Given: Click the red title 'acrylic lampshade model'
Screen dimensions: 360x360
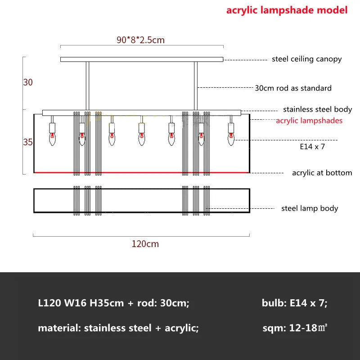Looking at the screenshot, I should click(287, 10).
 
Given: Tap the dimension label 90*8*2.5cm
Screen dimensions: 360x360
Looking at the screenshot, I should click(140, 40).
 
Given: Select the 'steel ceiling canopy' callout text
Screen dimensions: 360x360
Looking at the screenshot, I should click(306, 59).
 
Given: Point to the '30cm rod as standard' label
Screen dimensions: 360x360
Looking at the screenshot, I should click(293, 88).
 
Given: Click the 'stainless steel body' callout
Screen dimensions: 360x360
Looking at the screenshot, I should click(317, 109).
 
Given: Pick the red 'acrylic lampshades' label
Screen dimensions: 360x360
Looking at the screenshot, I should click(309, 121).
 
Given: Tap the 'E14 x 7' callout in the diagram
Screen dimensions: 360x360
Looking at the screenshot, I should click(312, 146).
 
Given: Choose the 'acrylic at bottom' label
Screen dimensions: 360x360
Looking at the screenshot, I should click(322, 173).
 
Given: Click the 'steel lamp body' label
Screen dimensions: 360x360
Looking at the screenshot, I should click(310, 208).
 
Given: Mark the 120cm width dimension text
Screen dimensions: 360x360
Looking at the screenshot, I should click(145, 244).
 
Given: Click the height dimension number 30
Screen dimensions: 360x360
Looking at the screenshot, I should click(28, 82).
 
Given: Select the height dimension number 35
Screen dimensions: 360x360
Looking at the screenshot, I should click(28, 142).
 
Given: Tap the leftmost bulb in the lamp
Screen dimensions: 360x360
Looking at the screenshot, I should click(52, 138).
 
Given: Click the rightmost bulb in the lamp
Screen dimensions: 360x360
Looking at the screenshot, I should click(231, 138).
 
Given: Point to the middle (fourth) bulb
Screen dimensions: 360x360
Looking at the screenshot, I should click(142, 138).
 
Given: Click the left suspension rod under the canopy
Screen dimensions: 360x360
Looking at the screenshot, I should click(88, 85).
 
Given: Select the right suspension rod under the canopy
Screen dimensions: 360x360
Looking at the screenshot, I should click(196, 85).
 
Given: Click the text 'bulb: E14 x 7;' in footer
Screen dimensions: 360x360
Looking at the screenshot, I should click(294, 303).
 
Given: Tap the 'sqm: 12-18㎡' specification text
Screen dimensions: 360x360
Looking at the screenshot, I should click(294, 328).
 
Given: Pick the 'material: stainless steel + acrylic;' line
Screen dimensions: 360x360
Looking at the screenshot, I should click(118, 328).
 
